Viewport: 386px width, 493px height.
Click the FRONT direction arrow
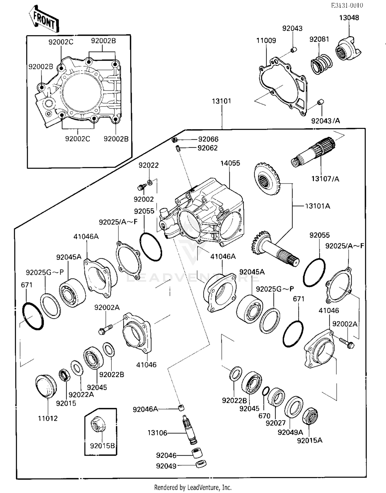click(44, 19)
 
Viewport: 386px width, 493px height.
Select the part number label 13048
click(349, 17)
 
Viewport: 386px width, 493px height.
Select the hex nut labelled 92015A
click(310, 416)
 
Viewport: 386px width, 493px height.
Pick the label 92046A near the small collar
click(145, 409)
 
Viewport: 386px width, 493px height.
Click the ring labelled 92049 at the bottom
click(201, 464)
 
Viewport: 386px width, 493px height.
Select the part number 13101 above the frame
click(221, 101)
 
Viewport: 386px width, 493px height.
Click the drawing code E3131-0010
click(347, 5)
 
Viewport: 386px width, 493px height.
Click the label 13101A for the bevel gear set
click(317, 206)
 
